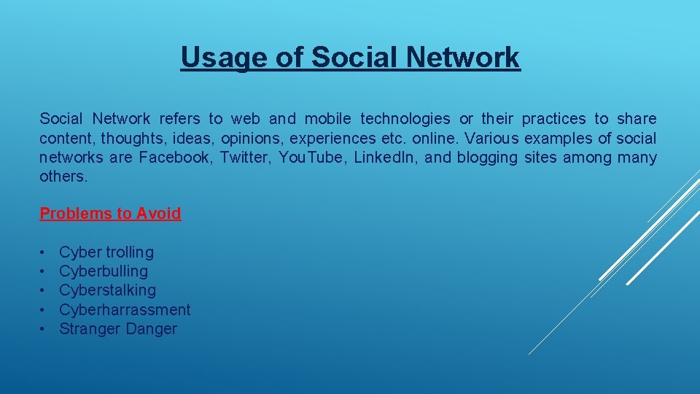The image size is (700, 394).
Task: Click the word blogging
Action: (x=488, y=158)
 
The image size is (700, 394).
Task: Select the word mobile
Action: (x=327, y=119)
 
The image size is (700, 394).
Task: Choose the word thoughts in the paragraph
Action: (x=128, y=139)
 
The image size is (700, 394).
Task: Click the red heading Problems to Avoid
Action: (x=110, y=214)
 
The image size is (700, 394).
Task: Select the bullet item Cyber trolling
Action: (x=106, y=252)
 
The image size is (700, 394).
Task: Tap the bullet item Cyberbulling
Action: (x=104, y=271)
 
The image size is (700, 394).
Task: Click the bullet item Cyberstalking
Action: (x=107, y=290)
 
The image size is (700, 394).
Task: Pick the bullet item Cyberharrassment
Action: (x=125, y=310)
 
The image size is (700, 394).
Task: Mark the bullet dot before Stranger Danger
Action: (x=44, y=329)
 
